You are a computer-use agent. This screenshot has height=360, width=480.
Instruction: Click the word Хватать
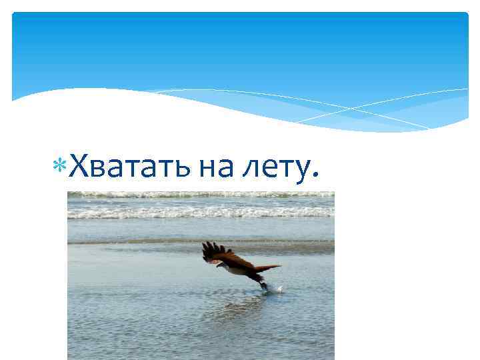pyautogui.click(x=131, y=166)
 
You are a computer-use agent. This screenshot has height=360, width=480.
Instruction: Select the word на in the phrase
pyautogui.click(x=215, y=167)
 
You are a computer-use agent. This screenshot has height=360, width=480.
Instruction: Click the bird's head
pyautogui.click(x=219, y=263)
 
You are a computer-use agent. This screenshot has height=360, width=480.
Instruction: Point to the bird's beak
pyautogui.click(x=215, y=265)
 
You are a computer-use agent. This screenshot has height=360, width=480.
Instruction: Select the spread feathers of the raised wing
pyautogui.click(x=213, y=250)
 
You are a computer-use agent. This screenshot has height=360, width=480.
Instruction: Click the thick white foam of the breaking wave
pyautogui.click(x=200, y=212)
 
